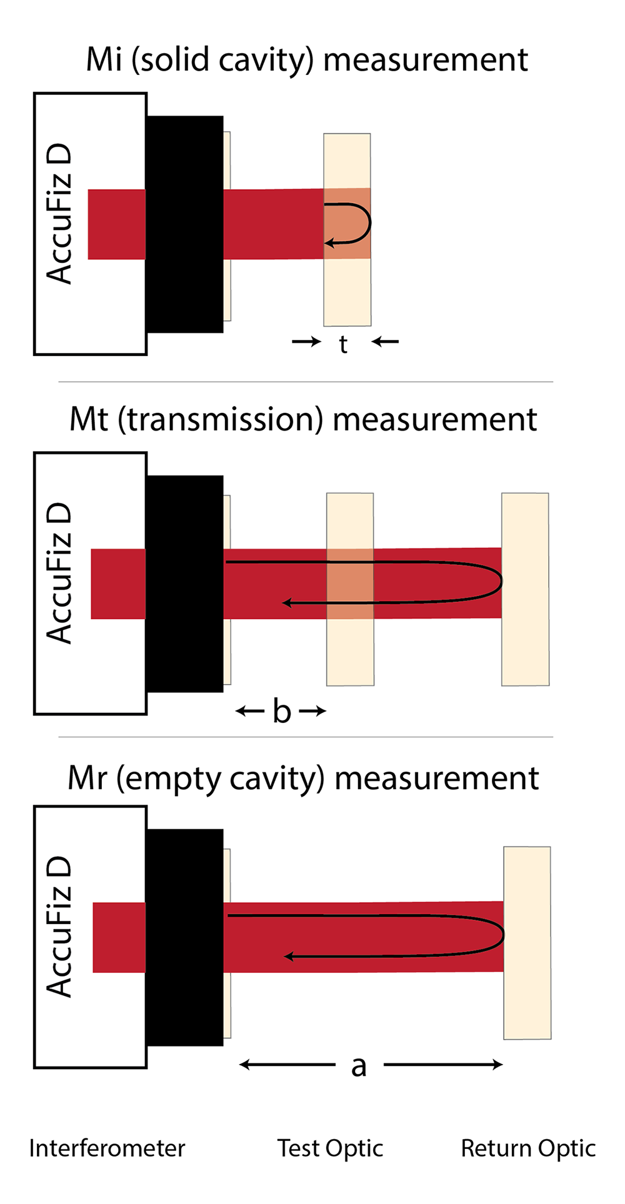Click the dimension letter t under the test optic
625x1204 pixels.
pos(343,344)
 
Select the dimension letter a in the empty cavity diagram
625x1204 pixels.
pos(358,1066)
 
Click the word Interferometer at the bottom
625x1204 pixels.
pos(107,1148)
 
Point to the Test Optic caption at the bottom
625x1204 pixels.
pos(330,1149)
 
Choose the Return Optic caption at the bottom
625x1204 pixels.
pos(528,1149)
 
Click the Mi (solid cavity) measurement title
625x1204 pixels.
pos(307,60)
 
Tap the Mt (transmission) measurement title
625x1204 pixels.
pos(303,419)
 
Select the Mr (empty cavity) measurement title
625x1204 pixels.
pos(303,779)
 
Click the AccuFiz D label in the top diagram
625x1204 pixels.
pos(59,214)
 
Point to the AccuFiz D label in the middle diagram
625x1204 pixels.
pos(59,574)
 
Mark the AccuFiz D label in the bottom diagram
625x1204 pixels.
pos(59,927)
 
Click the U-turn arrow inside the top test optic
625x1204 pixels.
pos(370,222)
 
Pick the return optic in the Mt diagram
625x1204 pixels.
pos(525,589)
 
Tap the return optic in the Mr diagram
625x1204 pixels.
pos(527,943)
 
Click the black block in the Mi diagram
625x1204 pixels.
pos(184,224)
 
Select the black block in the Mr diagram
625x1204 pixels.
pos(184,937)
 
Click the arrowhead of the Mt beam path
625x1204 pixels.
pos(287,603)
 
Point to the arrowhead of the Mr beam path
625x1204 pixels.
pos(289,956)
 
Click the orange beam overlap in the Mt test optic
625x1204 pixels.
pos(350,584)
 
